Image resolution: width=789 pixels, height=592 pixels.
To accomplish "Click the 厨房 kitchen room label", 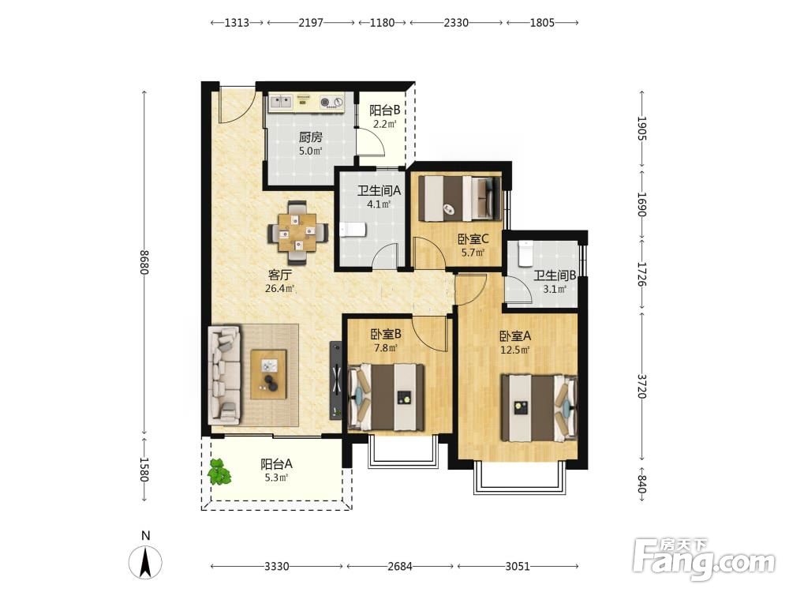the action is [310, 137].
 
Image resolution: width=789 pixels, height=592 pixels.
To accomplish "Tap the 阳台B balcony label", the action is [384, 111].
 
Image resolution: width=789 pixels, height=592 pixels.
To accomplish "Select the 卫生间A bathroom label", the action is [379, 191].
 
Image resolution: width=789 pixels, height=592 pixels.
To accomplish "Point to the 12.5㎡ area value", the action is [514, 350].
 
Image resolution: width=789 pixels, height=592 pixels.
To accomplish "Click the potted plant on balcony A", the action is [219, 472].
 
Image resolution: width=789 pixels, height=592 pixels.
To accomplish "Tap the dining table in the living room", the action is [298, 233].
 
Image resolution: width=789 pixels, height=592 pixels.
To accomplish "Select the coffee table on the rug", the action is [269, 374].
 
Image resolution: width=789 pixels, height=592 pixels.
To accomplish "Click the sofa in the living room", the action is [224, 374].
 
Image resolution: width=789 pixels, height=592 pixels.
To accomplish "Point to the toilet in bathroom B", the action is [525, 253].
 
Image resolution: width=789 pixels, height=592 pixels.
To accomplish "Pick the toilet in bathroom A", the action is [352, 230].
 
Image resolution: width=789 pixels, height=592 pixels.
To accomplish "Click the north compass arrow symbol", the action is [145, 562].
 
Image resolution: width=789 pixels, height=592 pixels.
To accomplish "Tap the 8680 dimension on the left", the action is [144, 262].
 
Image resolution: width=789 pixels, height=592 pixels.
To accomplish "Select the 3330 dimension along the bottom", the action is [277, 566].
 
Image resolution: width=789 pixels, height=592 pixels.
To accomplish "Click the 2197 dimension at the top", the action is [310, 23].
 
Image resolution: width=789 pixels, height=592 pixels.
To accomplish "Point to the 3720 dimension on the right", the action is [641, 386].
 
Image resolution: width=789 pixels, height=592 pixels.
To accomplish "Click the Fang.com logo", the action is [704, 559].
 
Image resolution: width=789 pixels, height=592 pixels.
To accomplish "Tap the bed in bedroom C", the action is [460, 198].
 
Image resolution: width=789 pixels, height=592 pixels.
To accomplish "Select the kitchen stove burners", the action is [331, 102].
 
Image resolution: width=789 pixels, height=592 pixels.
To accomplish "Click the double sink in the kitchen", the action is [281, 102].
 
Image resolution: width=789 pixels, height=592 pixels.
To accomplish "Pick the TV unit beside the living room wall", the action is [335, 380].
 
